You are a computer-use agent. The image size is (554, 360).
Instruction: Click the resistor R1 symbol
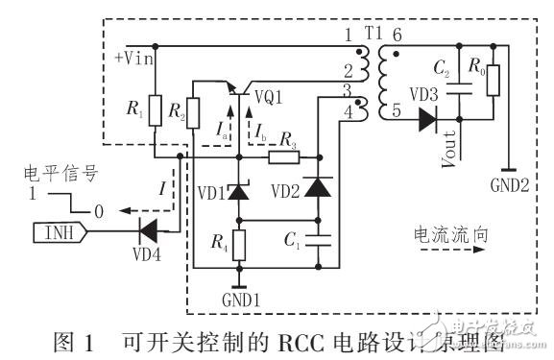pyautogui.click(x=155, y=111)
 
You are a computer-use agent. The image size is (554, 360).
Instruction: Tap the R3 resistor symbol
pyautogui.click(x=283, y=156)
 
